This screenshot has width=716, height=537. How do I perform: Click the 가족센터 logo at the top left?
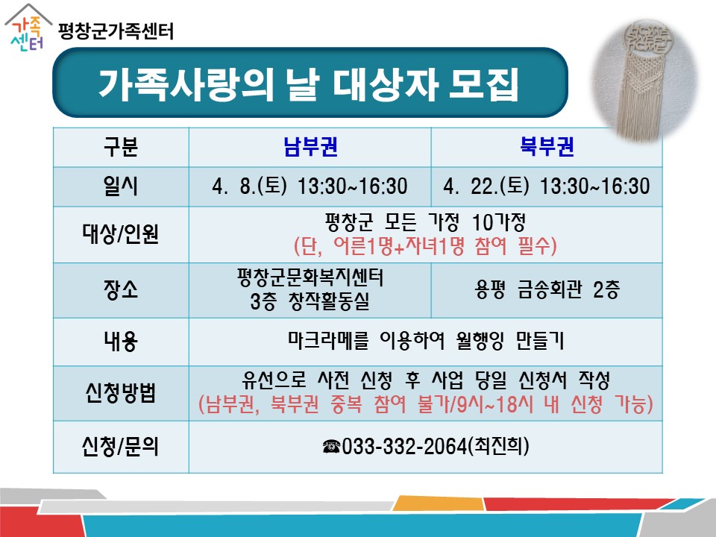(28, 28)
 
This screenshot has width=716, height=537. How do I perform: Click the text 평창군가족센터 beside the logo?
(116, 31)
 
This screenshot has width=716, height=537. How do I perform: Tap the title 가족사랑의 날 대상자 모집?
(309, 84)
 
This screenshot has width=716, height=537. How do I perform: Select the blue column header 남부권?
(310, 147)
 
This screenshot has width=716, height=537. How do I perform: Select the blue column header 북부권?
(547, 147)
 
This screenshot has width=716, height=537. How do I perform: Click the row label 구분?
(121, 147)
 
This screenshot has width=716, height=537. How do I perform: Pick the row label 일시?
(121, 186)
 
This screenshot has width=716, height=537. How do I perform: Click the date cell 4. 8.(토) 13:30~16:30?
(310, 186)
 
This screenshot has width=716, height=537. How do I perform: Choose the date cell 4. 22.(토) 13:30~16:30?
(547, 186)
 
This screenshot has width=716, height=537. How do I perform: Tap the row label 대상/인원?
(121, 234)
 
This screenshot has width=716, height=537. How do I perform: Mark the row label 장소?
(121, 290)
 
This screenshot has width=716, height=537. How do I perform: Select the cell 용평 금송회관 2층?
(547, 289)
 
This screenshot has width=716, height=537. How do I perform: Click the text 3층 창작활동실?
(310, 301)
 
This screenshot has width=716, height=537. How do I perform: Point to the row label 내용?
(121, 342)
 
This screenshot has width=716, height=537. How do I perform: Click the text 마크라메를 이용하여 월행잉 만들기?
(426, 341)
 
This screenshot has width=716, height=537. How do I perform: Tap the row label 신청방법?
(121, 393)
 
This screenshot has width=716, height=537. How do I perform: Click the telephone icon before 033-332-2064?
(331, 446)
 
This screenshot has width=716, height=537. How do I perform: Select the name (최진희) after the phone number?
(499, 446)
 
